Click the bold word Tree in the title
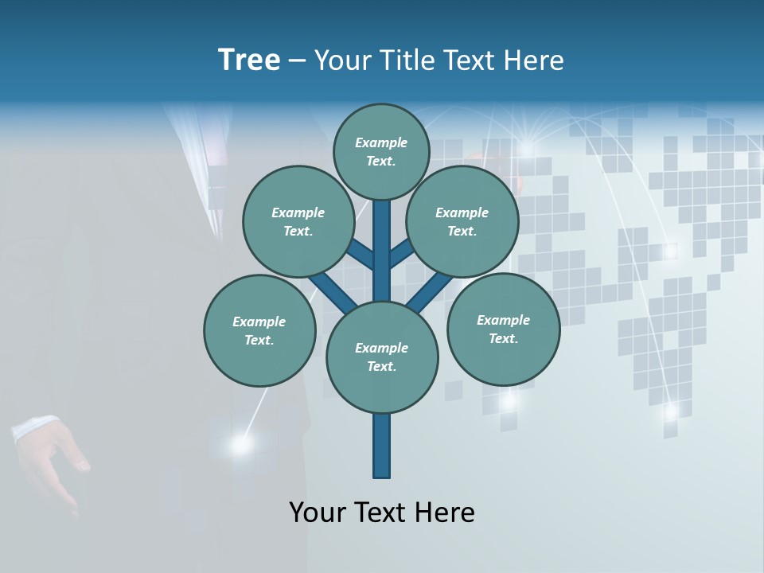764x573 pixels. [x=249, y=60]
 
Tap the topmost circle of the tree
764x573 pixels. [x=381, y=151]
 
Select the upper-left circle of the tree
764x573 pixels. [x=298, y=221]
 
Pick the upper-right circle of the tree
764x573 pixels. [x=462, y=221]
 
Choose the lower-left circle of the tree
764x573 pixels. [x=259, y=330]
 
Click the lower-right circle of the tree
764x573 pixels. [x=503, y=329]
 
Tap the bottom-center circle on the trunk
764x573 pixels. [x=382, y=357]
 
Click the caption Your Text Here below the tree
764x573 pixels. [x=382, y=513]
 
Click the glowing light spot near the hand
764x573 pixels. [x=240, y=445]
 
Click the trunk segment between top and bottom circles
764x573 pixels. [x=382, y=251]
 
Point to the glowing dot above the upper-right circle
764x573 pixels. [x=526, y=148]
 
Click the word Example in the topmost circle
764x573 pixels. [x=381, y=142]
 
